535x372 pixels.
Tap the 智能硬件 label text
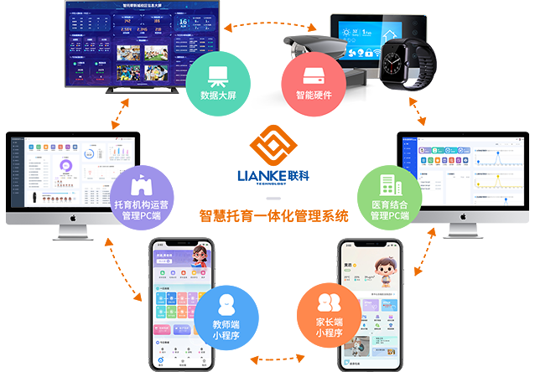(312, 96)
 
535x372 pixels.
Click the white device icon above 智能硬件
(312, 75)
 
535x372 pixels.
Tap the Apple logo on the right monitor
(460, 215)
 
